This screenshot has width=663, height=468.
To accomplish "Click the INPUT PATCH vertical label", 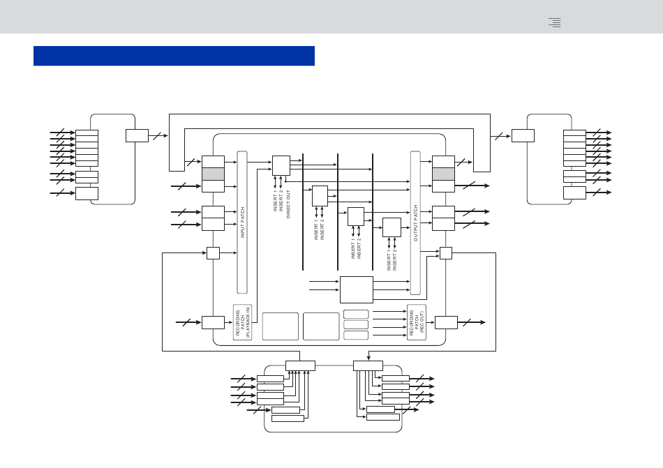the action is pyautogui.click(x=243, y=222).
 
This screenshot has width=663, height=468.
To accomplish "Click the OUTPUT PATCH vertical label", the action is pyautogui.click(x=416, y=223).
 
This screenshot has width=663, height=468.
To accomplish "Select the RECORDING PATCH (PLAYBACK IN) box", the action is pyautogui.click(x=243, y=322).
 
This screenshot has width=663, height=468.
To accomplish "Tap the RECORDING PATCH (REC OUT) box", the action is pyautogui.click(x=417, y=322).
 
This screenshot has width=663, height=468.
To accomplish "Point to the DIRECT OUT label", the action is pyautogui.click(x=289, y=204).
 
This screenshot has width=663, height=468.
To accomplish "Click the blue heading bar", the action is pyautogui.click(x=174, y=56).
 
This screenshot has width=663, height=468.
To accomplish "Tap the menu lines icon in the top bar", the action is pyautogui.click(x=555, y=22).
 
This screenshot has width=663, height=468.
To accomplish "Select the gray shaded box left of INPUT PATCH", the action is pyautogui.click(x=213, y=174).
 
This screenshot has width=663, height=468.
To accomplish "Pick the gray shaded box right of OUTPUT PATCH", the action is pyautogui.click(x=443, y=174).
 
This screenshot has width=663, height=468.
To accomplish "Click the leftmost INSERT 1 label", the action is pyautogui.click(x=275, y=201).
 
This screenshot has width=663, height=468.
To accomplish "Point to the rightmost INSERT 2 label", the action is pyautogui.click(x=395, y=259).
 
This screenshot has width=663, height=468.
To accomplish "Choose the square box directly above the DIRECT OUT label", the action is pyautogui.click(x=281, y=165).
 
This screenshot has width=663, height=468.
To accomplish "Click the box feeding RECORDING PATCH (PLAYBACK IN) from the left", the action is pyautogui.click(x=213, y=322).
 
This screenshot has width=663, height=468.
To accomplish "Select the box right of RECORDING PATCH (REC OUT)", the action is pyautogui.click(x=446, y=322).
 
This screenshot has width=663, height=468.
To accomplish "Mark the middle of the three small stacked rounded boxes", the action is pyautogui.click(x=356, y=325).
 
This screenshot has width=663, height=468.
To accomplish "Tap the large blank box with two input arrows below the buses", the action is pyautogui.click(x=357, y=289).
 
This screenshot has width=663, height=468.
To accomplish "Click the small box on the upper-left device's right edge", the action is pyautogui.click(x=137, y=135).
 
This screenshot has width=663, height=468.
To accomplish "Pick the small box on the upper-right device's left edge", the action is pyautogui.click(x=523, y=135).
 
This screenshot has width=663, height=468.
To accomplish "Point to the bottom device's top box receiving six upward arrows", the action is pyautogui.click(x=300, y=365).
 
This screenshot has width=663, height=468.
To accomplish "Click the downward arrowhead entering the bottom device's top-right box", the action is pyautogui.click(x=368, y=358).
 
